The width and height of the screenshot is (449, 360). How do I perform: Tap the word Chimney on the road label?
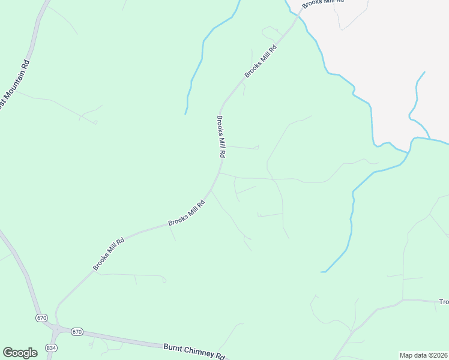(196, 352)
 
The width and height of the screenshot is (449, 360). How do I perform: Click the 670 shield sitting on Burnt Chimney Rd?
(76, 331)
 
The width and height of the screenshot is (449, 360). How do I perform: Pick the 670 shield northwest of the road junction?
(41, 317)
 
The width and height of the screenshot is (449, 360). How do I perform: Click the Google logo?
(20, 353)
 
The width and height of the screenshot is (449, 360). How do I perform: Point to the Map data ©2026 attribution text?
(423, 355)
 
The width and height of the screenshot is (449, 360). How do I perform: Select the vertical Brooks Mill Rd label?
(221, 136)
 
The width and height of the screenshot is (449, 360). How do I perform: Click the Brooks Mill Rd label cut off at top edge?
(322, 2)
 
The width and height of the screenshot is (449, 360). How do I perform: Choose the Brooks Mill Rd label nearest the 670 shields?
(109, 254)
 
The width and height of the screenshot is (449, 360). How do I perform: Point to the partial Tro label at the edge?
(444, 302)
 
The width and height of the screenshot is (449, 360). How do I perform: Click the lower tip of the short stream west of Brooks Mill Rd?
(185, 113)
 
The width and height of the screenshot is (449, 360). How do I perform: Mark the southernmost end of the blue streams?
(322, 272)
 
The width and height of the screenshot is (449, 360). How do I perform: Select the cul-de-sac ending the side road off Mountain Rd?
(95, 124)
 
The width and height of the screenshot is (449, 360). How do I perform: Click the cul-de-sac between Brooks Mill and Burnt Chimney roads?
(164, 280)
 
